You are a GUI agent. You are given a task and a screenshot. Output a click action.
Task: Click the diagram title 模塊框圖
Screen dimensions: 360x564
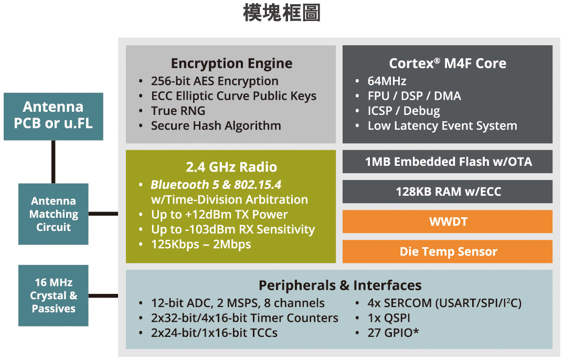coord(282,14)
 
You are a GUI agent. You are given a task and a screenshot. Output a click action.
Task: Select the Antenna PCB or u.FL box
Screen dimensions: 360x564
coord(54,116)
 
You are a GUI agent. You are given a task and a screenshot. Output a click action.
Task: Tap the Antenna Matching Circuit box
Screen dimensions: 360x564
coord(54,214)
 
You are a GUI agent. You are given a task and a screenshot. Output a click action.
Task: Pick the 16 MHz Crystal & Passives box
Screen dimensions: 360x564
coord(54,295)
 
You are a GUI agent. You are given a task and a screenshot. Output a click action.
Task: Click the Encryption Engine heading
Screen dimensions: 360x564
coord(231,63)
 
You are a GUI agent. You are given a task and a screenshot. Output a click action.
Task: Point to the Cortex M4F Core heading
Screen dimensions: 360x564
coord(448,63)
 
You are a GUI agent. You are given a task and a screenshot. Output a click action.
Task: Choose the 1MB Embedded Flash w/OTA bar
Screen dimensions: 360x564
coord(448,162)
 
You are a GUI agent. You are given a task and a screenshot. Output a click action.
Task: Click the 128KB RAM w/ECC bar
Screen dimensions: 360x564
coord(448,192)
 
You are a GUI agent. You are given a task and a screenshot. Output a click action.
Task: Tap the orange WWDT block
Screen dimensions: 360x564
coord(448,221)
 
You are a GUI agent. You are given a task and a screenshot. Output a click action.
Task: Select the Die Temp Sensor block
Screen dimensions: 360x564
coord(448,251)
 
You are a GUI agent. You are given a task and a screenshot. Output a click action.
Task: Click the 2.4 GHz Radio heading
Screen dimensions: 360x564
coord(231,167)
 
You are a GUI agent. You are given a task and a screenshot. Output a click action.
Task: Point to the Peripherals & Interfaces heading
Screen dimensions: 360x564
coord(339,285)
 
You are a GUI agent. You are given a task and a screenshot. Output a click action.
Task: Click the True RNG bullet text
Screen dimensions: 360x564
coord(178,111)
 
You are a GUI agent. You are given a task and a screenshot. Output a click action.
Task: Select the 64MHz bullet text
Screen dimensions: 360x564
coord(387,81)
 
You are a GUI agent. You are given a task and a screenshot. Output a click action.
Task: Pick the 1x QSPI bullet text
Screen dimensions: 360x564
coord(389,318)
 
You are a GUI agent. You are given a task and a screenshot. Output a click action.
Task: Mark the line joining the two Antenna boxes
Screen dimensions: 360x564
coord(54,162)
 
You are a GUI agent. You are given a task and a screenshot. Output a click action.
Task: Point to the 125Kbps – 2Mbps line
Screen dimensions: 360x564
coord(201,244)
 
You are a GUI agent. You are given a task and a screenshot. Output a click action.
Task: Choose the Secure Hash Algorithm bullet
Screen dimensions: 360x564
coord(216,125)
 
